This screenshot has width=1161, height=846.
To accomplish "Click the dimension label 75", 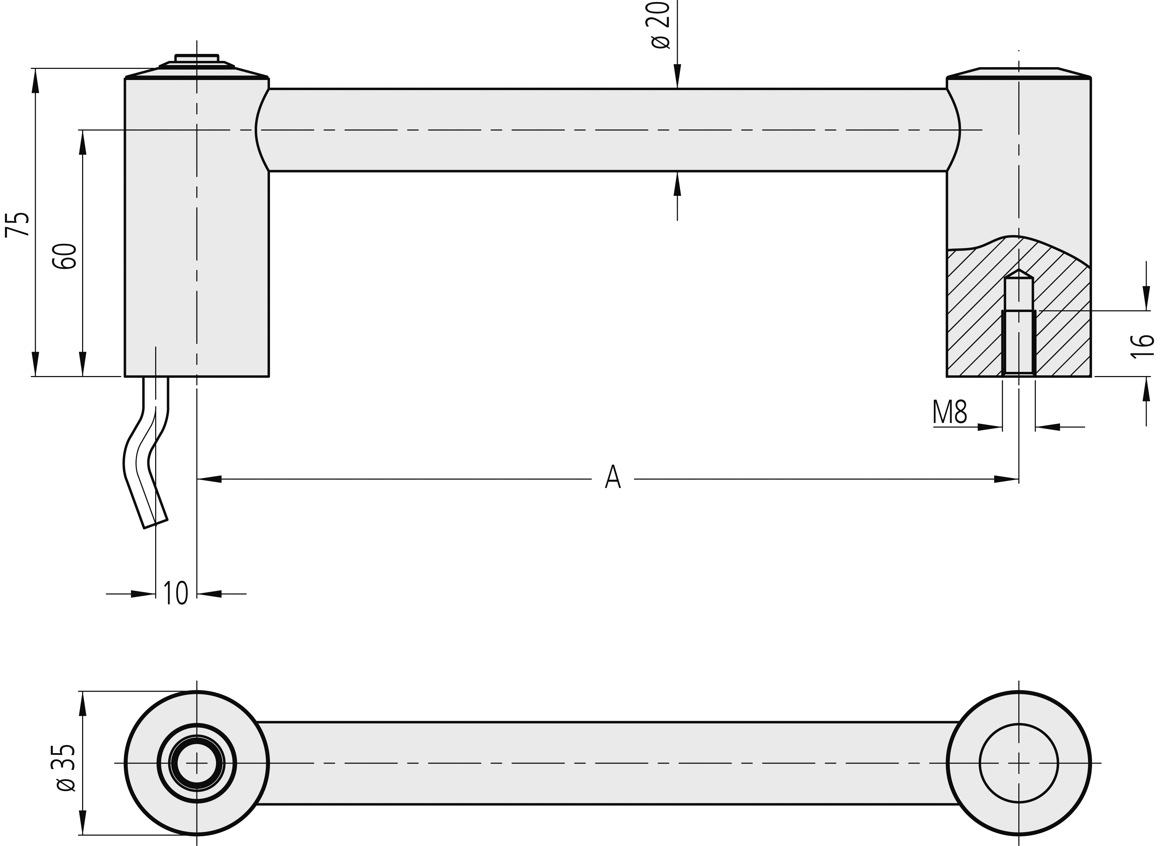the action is tap(17, 224).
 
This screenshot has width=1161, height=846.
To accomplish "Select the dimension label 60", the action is tap(64, 256).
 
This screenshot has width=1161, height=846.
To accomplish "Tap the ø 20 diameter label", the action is tap(661, 25).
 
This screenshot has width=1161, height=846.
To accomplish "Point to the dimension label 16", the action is tap(1142, 346).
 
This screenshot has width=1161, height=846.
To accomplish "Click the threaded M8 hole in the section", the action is tap(1019, 342).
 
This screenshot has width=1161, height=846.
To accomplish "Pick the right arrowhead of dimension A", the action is tap(1006, 479).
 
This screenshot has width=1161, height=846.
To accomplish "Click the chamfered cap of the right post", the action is tap(1019, 73).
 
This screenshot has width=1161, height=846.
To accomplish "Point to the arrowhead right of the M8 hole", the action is tap(1047, 426).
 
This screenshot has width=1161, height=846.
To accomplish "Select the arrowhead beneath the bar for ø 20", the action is tap(677, 183).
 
